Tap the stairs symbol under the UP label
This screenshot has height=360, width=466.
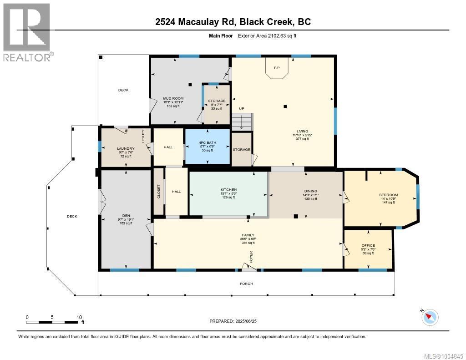pos(241,122)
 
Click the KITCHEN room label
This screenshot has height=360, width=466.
pos(228,190)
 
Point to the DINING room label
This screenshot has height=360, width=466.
pos(311,191)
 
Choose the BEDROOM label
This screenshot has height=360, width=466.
pos(388,195)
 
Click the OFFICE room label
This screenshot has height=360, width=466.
pos(368,246)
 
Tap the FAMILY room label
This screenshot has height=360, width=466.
pos(248,236)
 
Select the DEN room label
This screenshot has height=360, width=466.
pos(125,216)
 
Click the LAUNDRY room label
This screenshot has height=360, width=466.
pos(125,148)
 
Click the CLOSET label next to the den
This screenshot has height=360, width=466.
pos(158,192)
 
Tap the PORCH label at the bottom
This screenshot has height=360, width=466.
pos(246,284)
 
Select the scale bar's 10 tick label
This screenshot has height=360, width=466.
pos(79,317)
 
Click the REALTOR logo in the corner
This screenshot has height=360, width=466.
pos(27,32)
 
